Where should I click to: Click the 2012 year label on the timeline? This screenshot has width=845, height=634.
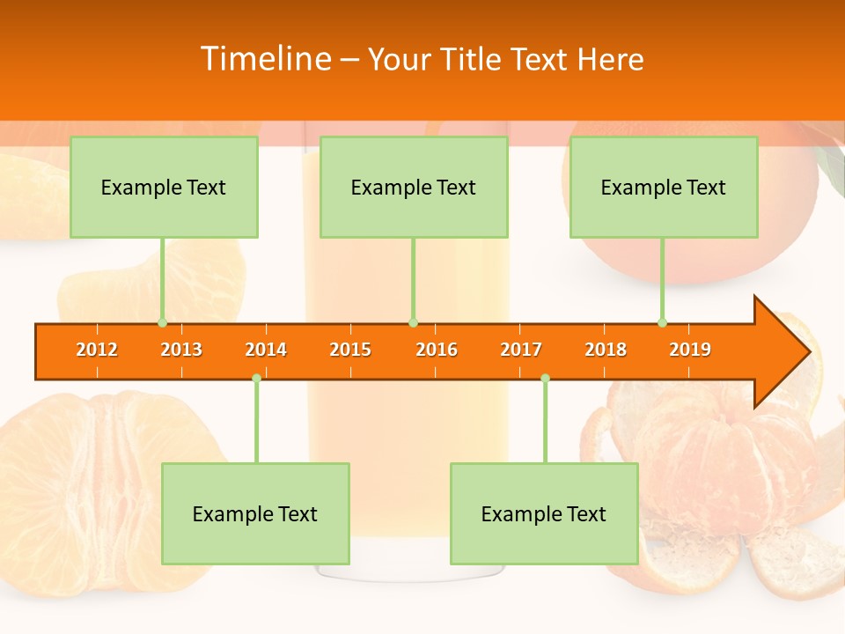click(x=97, y=350)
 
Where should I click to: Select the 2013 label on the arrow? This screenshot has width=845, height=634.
click(x=181, y=350)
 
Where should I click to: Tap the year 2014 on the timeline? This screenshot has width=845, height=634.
click(x=266, y=350)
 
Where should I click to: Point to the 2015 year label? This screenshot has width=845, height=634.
click(x=350, y=350)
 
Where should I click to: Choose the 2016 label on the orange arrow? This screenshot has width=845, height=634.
click(x=437, y=350)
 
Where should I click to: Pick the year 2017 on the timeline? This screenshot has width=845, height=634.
click(x=521, y=350)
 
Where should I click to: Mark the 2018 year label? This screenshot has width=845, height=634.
click(x=606, y=350)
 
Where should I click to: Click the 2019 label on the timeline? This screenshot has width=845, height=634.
click(x=690, y=350)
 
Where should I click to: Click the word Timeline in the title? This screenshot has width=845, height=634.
click(x=264, y=59)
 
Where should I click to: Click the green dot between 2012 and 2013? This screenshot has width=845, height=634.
click(x=162, y=323)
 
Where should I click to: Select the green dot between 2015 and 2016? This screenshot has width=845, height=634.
click(x=413, y=323)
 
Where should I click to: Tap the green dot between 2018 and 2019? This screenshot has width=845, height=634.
click(x=662, y=323)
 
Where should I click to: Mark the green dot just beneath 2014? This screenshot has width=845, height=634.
click(x=256, y=378)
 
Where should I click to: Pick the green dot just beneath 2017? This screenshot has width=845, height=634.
click(x=545, y=378)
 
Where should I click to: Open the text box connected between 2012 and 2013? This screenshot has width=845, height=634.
click(x=164, y=188)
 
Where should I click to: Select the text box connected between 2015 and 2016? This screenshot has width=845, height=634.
click(x=414, y=188)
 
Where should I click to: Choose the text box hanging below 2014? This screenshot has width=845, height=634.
click(x=255, y=513)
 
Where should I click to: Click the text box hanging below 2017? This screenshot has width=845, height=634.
click(x=544, y=513)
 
